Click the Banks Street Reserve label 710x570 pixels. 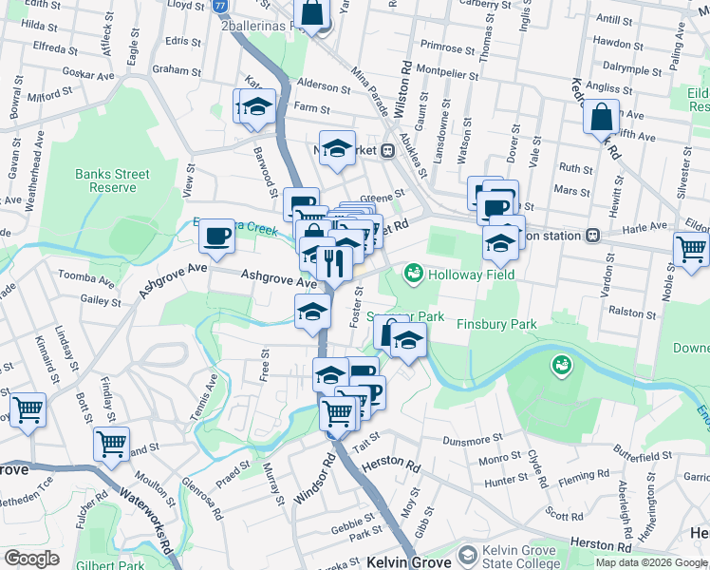[x=112, y=180]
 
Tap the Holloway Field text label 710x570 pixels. [x=471, y=275]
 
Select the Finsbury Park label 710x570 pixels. [x=496, y=324]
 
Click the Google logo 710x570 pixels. [x=31, y=559]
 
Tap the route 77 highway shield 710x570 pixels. [x=220, y=5]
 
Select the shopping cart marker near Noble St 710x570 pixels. [x=692, y=249]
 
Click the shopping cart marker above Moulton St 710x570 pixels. [x=112, y=443]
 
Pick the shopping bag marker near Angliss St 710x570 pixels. [x=601, y=118]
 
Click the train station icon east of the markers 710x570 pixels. [x=592, y=234]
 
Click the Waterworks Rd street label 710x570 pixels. [x=148, y=519]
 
